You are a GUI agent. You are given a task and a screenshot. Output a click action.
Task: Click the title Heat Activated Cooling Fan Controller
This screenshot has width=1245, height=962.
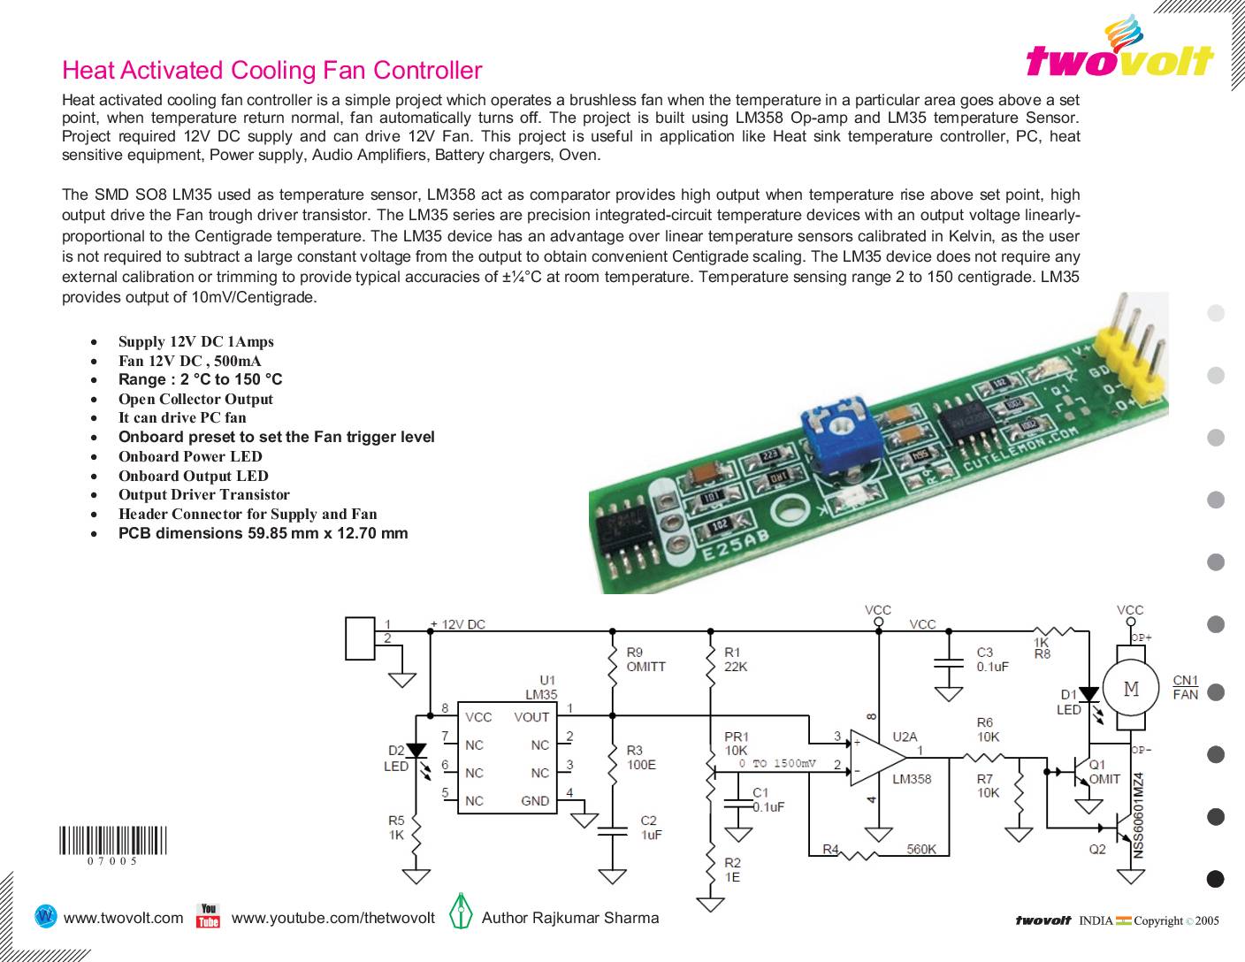point(272,70)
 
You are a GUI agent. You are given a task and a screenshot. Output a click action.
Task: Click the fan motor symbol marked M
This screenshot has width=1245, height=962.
point(1131,689)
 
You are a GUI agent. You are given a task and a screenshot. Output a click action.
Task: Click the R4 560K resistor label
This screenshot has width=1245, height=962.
point(885,850)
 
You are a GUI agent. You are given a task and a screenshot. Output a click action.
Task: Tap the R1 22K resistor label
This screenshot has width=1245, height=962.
point(736,660)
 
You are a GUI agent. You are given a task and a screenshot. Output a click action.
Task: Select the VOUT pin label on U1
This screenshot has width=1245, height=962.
point(531,717)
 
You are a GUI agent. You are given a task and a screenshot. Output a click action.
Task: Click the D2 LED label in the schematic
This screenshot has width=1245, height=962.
point(395,759)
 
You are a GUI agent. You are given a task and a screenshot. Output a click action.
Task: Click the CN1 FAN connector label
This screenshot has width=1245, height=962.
point(1185,687)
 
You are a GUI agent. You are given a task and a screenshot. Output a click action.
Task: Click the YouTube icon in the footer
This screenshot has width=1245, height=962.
point(208,916)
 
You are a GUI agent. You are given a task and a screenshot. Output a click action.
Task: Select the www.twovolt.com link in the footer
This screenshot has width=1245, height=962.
point(124,918)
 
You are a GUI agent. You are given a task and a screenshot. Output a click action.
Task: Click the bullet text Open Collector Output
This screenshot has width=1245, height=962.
point(195,399)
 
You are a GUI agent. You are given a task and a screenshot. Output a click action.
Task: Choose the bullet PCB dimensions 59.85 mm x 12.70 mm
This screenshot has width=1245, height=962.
point(263,533)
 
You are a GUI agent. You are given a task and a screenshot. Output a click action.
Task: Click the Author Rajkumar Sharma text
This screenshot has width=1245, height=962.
point(570,918)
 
